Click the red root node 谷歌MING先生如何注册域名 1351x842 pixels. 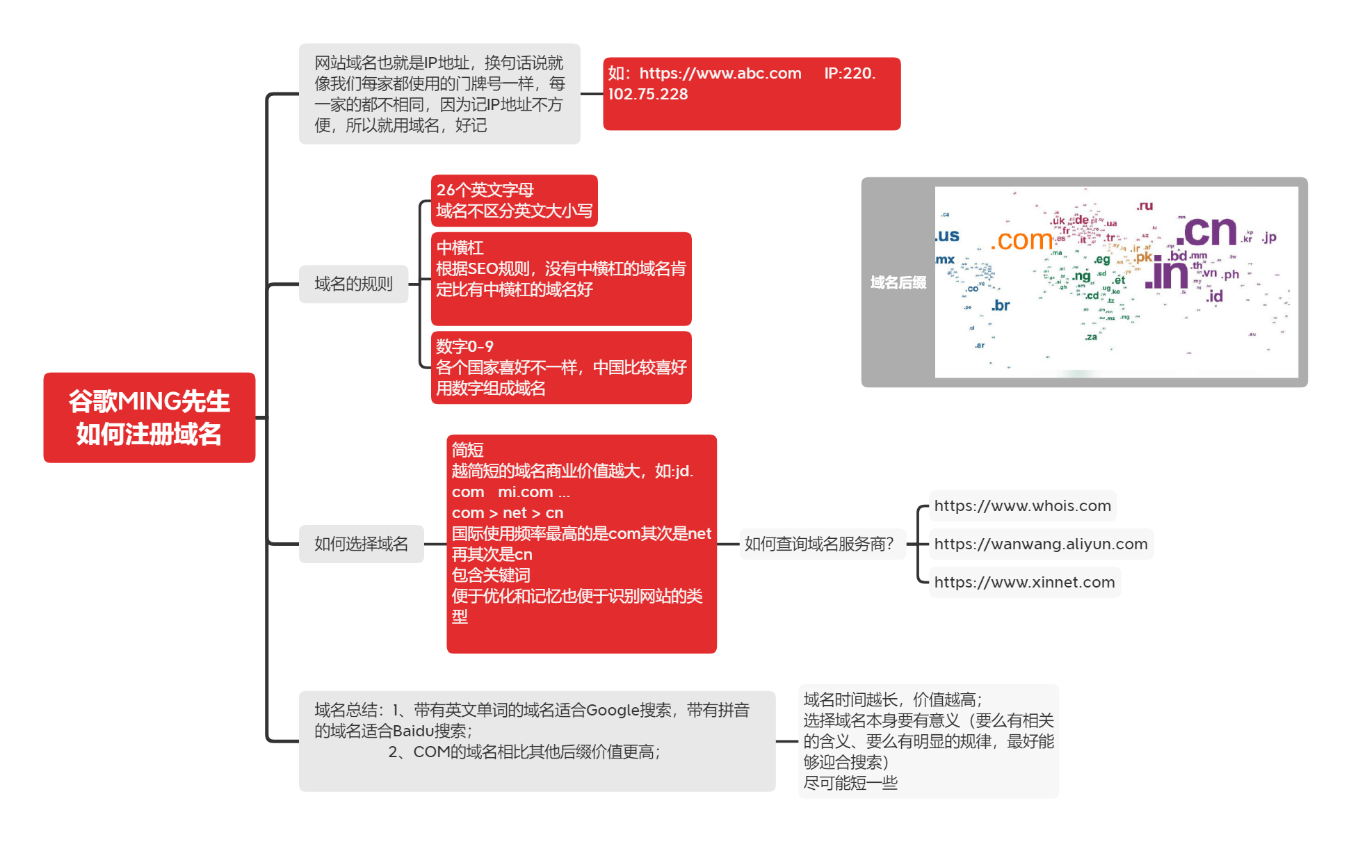pos(149,417)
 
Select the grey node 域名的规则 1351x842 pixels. pos(353,284)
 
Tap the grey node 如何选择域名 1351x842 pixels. pos(361,544)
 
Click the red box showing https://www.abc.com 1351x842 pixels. pos(751,93)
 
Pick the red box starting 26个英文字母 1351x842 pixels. pos(514,200)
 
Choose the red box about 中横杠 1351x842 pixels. pos(560,278)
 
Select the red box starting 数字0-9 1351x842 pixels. pos(560,367)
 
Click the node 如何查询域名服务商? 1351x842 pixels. pos(819,544)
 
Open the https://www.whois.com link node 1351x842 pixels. pos(1022,505)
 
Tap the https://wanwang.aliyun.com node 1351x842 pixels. pos(1040,544)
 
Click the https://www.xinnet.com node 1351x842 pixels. pos(1024,582)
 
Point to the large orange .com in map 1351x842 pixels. pos(1021,241)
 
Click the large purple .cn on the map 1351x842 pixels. pos(1206,232)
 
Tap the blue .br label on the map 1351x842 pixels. pos(1001,305)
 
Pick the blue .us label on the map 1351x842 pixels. pos(947,236)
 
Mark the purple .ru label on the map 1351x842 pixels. pos(1144,206)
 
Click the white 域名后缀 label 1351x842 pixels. pos(898,282)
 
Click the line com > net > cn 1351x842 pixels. pos(508,513)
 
